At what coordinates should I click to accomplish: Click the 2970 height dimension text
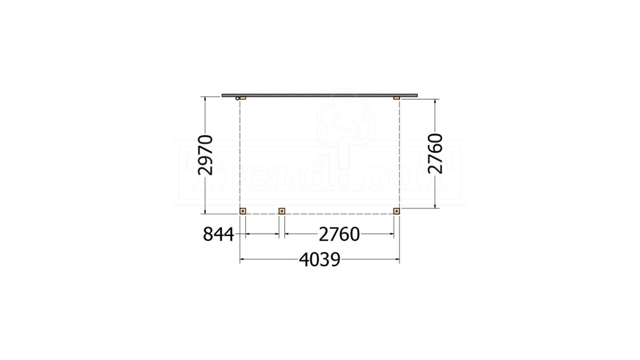tap(205, 155)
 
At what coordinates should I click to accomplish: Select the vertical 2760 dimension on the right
tap(435, 154)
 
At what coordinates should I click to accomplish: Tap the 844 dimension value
tap(218, 234)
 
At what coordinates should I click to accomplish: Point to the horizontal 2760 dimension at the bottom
tap(339, 234)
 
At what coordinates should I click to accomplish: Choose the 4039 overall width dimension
tap(319, 260)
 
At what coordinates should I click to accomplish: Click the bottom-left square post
tap(242, 211)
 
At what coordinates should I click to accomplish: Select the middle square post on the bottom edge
tap(282, 211)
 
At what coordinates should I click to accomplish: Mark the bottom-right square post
tap(396, 211)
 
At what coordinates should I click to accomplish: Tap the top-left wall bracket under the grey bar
tap(242, 98)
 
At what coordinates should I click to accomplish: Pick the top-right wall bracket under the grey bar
tap(397, 98)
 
